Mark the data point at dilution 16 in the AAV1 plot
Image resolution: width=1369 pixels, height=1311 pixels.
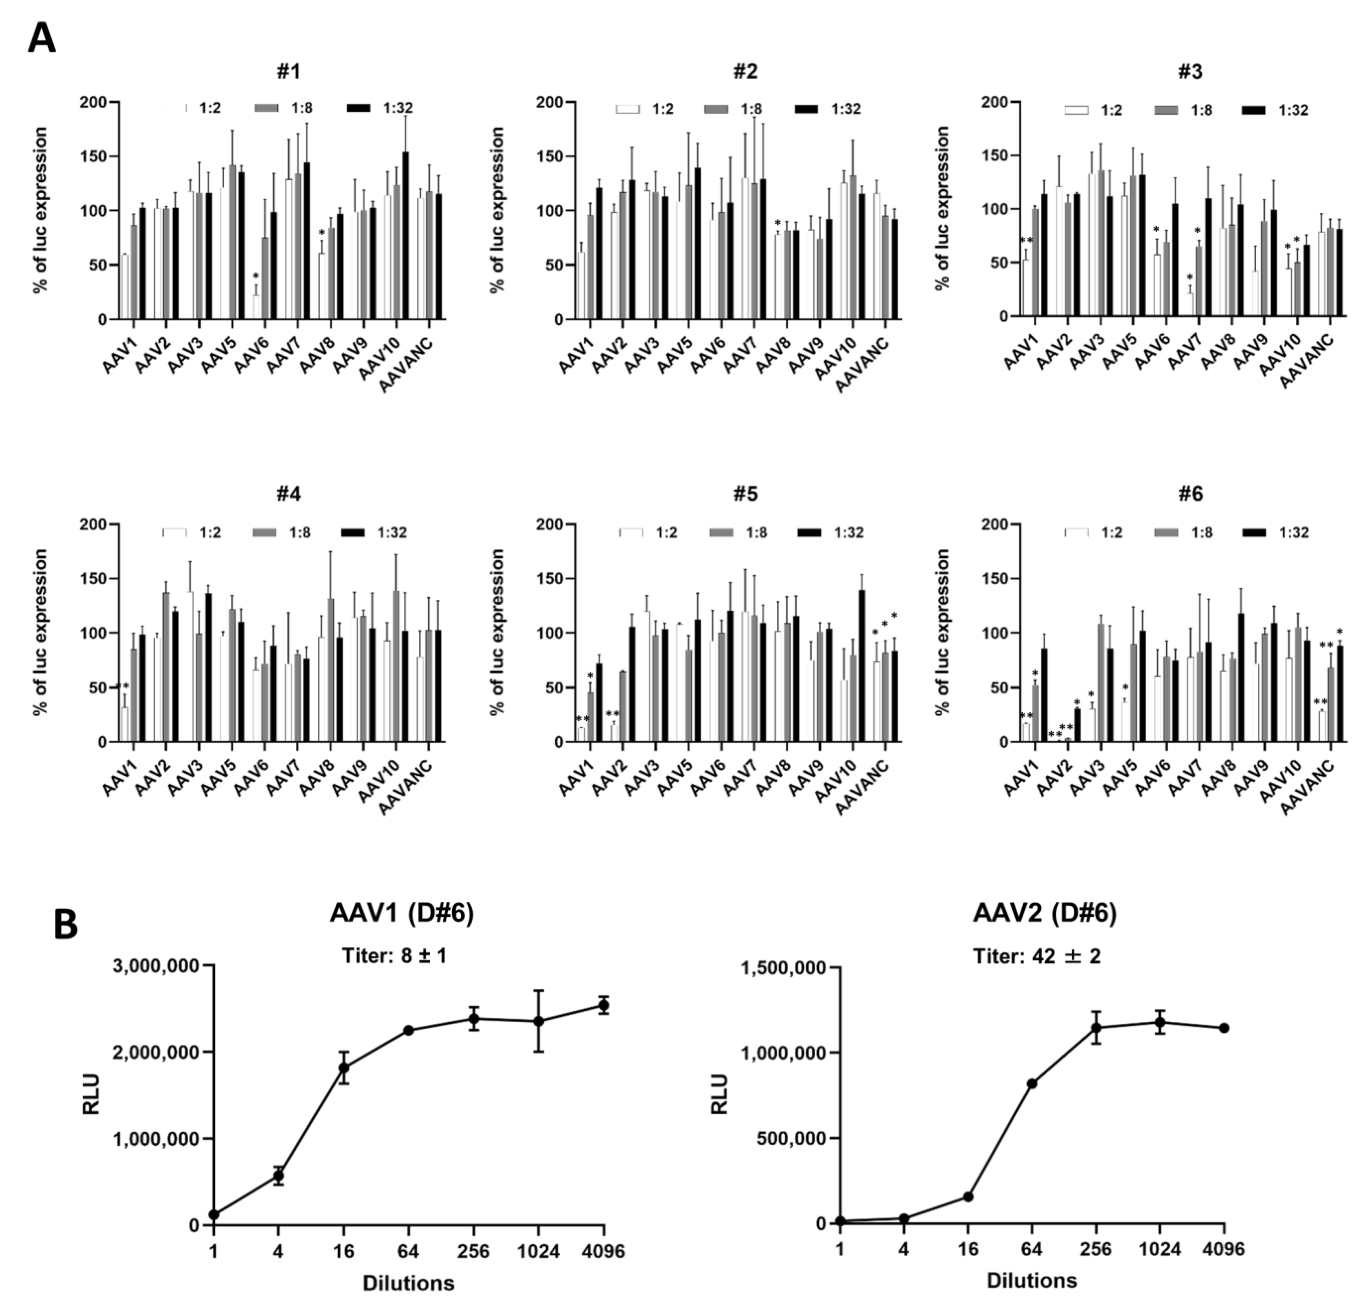[x=344, y=1068]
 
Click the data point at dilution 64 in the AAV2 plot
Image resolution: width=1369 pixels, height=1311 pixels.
[x=1032, y=1083]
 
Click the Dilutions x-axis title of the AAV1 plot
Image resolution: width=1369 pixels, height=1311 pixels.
[x=409, y=1283]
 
